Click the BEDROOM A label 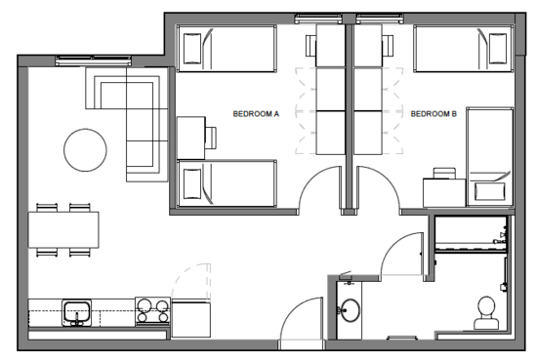[256, 114]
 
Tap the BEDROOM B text [434, 114]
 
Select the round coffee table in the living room [85, 150]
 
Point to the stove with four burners [151, 311]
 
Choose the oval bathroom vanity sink [349, 311]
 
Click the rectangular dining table [63, 230]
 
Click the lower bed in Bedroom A [226, 182]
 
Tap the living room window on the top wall [86, 61]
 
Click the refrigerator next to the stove [191, 318]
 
